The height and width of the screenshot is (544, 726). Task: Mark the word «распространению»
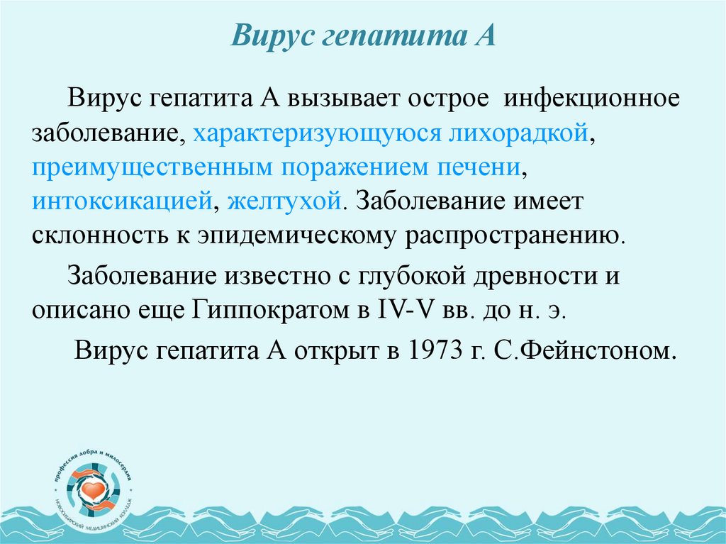coord(515,235)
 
